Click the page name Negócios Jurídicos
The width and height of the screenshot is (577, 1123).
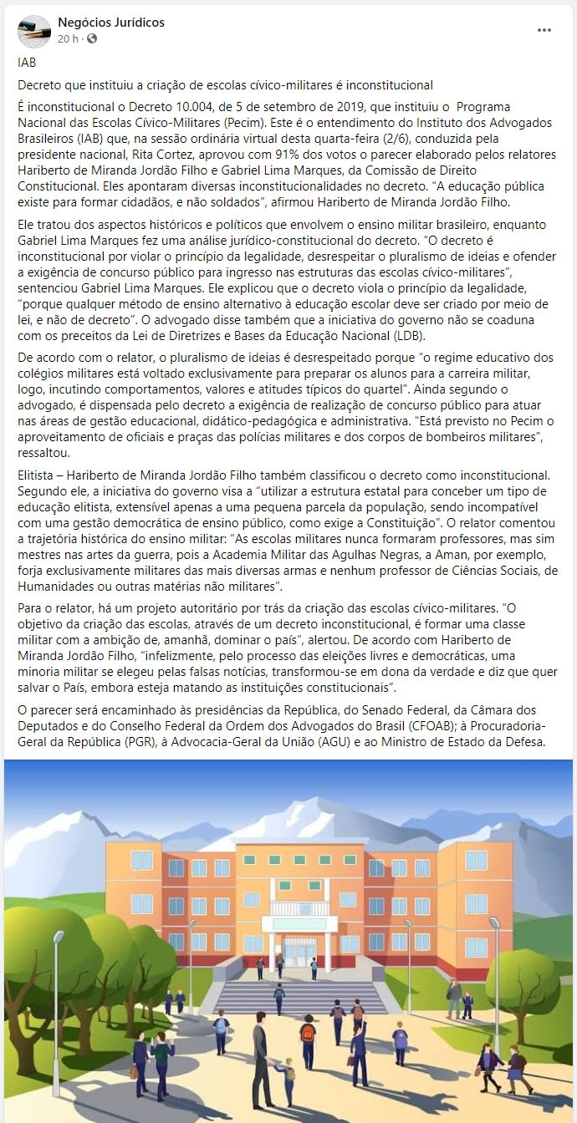click(x=111, y=23)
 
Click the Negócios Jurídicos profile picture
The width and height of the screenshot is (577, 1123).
click(x=33, y=30)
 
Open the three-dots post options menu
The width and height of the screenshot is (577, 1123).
click(x=544, y=30)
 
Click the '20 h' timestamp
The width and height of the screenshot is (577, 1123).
click(x=68, y=38)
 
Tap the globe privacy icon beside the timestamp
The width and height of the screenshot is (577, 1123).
click(x=92, y=38)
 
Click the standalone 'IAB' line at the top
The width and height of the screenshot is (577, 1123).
click(x=27, y=62)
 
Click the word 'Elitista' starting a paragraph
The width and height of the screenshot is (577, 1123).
click(x=38, y=475)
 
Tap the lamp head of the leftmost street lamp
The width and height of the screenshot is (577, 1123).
click(x=191, y=923)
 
